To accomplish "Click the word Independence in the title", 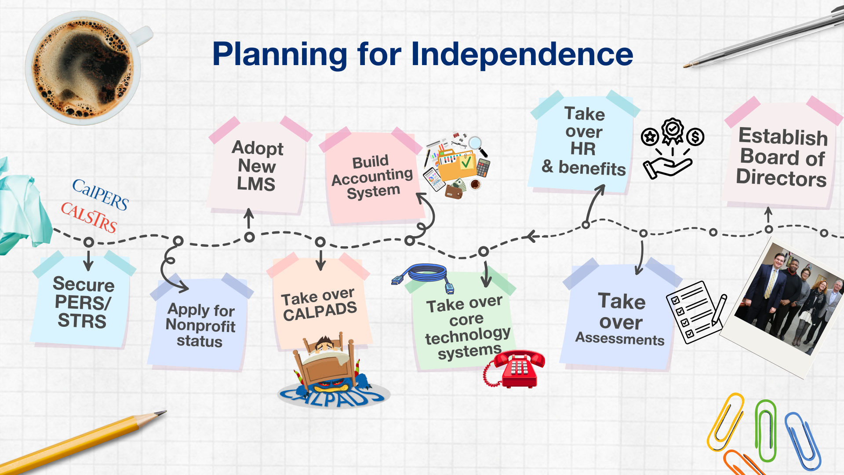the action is click(x=522, y=54).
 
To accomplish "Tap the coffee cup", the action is click(x=86, y=68).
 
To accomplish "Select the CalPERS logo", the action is click(x=101, y=194).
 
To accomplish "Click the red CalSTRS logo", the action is click(x=89, y=216).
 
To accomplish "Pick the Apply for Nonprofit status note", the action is click(x=200, y=324).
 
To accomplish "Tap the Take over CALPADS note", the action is click(x=320, y=303).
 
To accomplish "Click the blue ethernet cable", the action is click(x=423, y=277).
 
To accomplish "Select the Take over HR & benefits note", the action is click(x=583, y=142).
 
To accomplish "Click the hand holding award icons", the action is click(x=672, y=148).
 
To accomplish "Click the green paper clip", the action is click(x=766, y=430).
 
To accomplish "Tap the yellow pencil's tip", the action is click(x=165, y=412).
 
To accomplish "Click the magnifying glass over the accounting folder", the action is click(x=478, y=146).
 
